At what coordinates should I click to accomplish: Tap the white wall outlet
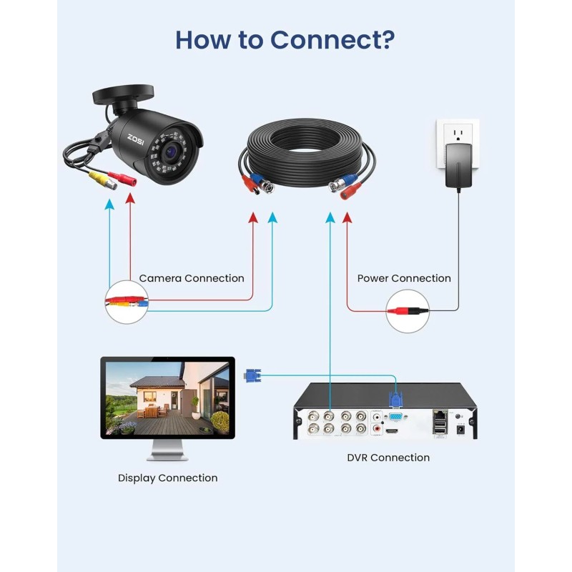click(458, 143)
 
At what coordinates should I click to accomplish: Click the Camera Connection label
click(192, 278)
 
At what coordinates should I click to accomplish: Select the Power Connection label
click(404, 278)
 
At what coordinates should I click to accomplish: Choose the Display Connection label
click(167, 478)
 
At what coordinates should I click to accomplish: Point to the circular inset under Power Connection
click(408, 310)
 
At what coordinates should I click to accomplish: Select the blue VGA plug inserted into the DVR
click(395, 403)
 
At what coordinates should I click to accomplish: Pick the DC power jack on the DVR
click(460, 429)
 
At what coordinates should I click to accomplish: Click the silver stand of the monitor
click(167, 450)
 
